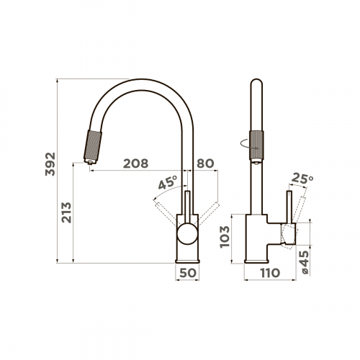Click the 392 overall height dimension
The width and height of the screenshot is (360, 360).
pos(50,164)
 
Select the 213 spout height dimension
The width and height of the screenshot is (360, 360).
pos(66,212)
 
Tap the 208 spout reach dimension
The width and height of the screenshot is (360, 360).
pos(135,163)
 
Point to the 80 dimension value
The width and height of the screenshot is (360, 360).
pos(205,163)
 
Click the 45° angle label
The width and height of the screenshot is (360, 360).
pos(168,182)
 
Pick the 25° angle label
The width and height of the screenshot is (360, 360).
pos(302,179)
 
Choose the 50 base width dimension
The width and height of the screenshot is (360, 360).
pos(188,273)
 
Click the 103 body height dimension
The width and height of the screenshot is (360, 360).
pos(225,237)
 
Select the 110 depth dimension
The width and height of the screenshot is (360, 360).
pos(270,273)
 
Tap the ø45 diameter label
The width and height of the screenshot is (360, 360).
pos(305,262)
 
